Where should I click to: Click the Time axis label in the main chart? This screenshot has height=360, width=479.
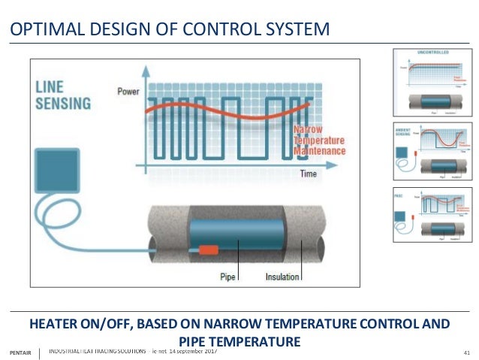(x=309, y=174)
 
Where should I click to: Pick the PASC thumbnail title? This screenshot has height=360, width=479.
(x=400, y=194)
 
